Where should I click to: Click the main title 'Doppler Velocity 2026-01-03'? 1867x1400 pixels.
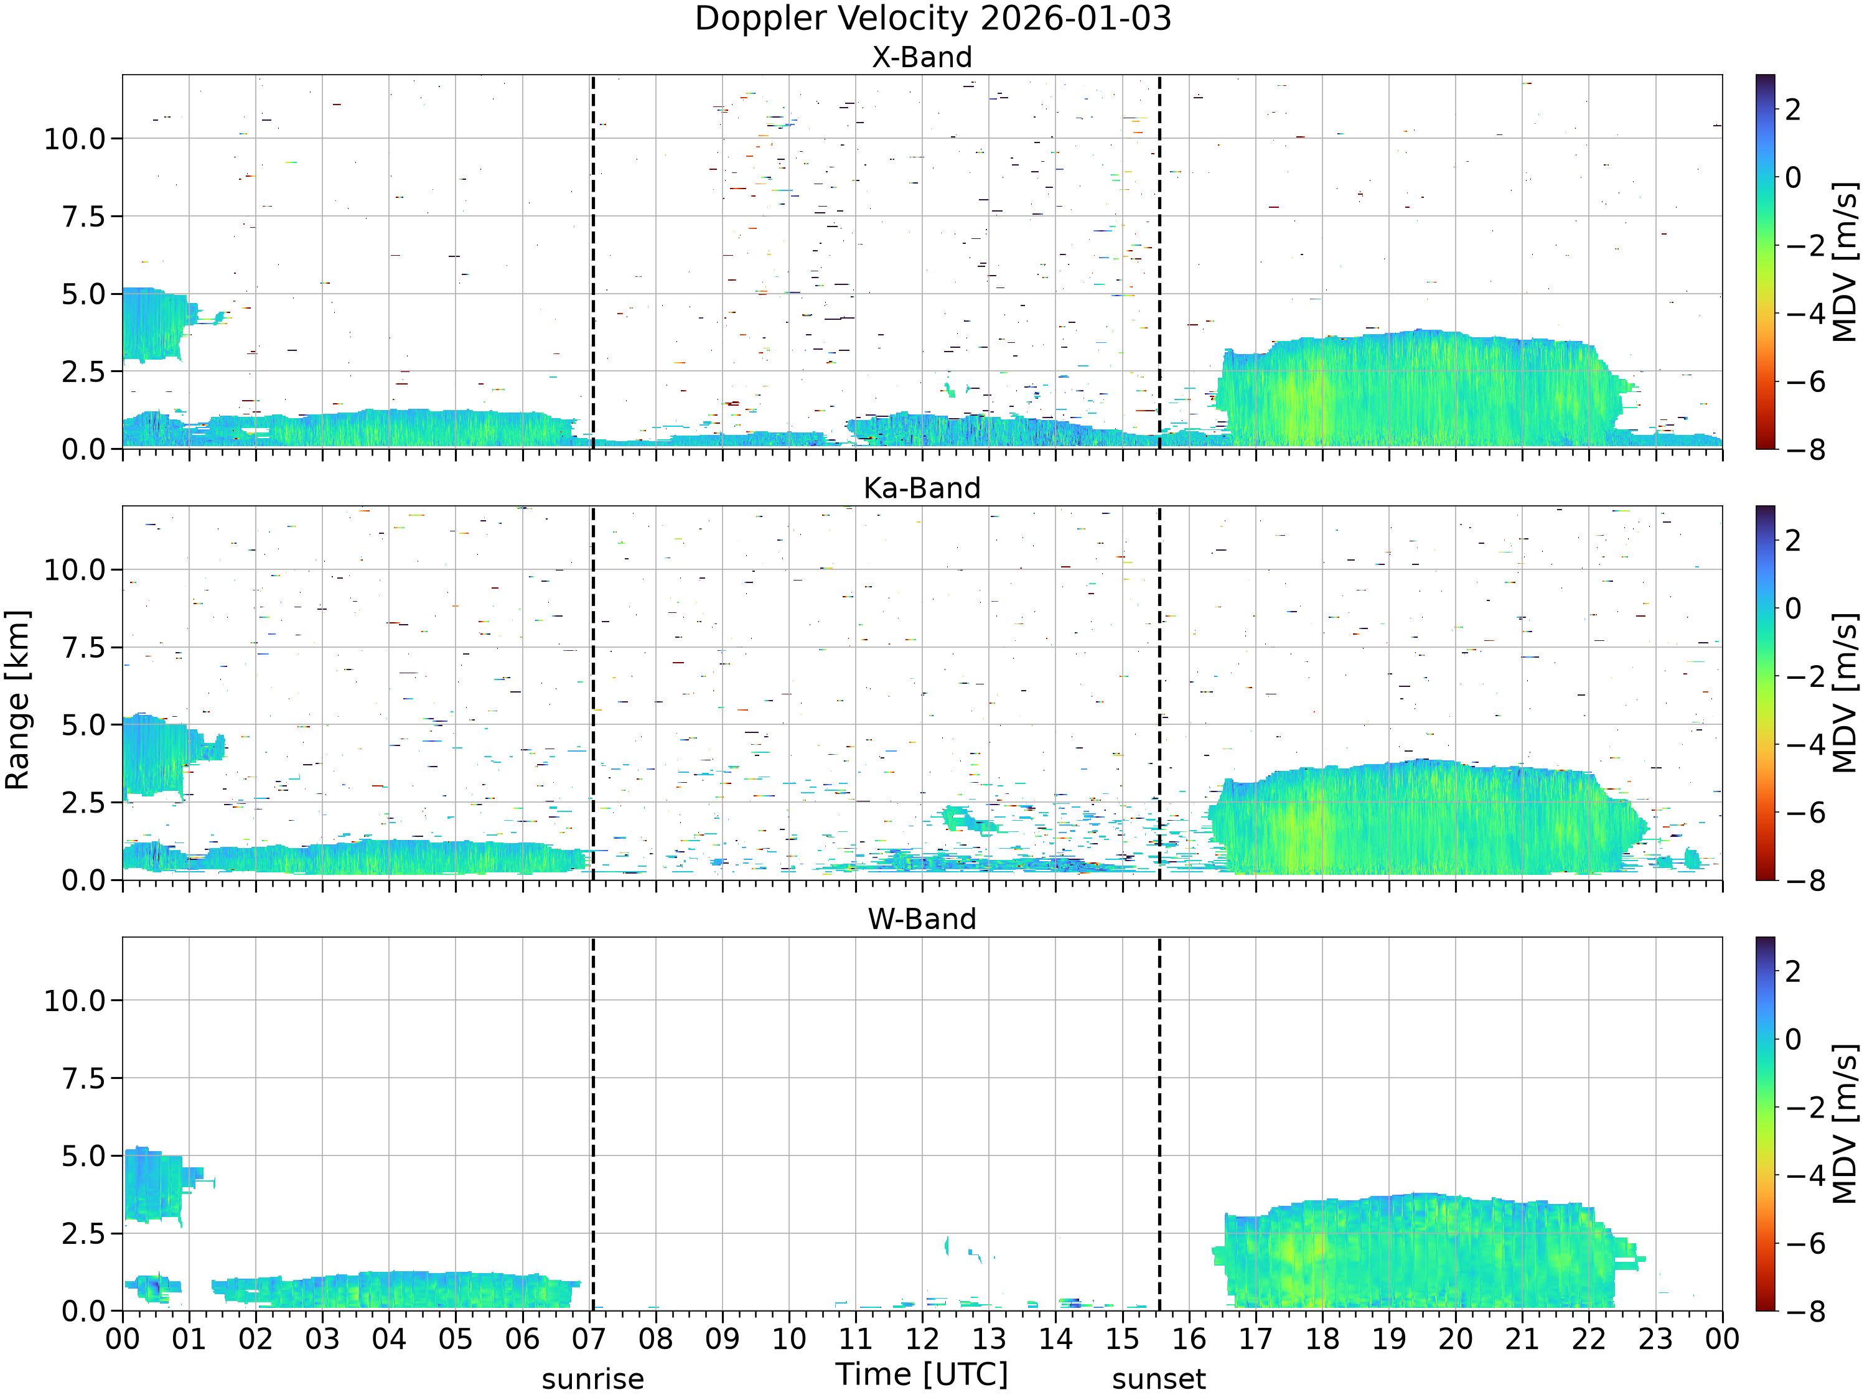tap(933, 19)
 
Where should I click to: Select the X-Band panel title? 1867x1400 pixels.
tap(922, 57)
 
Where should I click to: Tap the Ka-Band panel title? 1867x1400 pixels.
tap(922, 488)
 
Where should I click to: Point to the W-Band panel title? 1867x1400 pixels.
tap(922, 919)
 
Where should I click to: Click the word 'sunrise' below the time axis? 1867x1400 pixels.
tap(592, 1379)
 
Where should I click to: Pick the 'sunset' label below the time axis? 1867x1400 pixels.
tap(1159, 1379)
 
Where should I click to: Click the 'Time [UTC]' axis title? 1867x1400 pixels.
tap(922, 1374)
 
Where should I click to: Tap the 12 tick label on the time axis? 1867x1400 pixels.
tap(922, 1339)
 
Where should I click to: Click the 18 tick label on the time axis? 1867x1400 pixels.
tap(1322, 1339)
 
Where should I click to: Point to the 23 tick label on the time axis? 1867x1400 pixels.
tap(1655, 1339)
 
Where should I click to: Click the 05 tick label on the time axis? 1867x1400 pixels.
tap(455, 1339)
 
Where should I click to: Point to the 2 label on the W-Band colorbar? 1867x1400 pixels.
tap(1793, 971)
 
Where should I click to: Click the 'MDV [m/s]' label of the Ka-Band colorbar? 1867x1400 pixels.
tap(1845, 693)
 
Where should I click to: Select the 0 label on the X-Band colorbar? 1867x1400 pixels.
tap(1793, 177)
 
